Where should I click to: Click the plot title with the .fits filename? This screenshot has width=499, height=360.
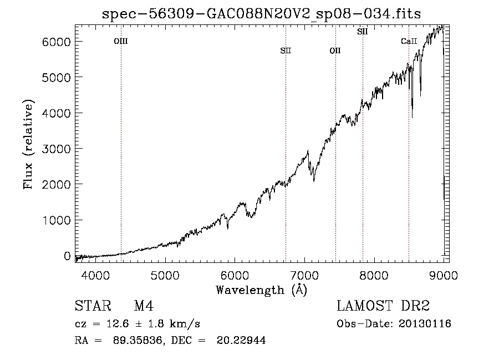tap(261, 14)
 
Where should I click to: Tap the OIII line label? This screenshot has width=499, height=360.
tap(121, 41)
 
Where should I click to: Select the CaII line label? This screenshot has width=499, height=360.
tap(409, 41)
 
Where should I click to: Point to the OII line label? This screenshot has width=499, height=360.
tap(335, 50)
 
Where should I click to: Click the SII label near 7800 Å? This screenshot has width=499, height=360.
tap(363, 32)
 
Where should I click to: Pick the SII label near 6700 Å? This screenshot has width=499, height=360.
tap(286, 50)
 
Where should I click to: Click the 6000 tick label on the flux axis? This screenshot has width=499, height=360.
tap(57, 42)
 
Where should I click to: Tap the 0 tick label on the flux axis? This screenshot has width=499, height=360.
tap(67, 256)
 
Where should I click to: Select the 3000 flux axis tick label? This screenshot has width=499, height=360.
tap(57, 149)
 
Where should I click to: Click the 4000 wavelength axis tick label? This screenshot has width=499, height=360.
tap(95, 275)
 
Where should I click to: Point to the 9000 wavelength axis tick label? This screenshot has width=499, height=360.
tap(444, 275)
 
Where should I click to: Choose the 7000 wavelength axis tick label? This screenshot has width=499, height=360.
tap(304, 275)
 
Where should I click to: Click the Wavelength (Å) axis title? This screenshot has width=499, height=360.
tap(262, 290)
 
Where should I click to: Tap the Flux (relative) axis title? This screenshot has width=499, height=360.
tap(28, 144)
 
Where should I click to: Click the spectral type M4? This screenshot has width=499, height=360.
tap(144, 306)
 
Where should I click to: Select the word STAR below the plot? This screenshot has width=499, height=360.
tap(93, 306)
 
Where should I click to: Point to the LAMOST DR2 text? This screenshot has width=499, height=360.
tap(383, 306)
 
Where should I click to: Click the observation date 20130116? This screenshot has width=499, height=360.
tap(425, 324)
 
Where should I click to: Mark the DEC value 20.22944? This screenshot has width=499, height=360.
tap(241, 340)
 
